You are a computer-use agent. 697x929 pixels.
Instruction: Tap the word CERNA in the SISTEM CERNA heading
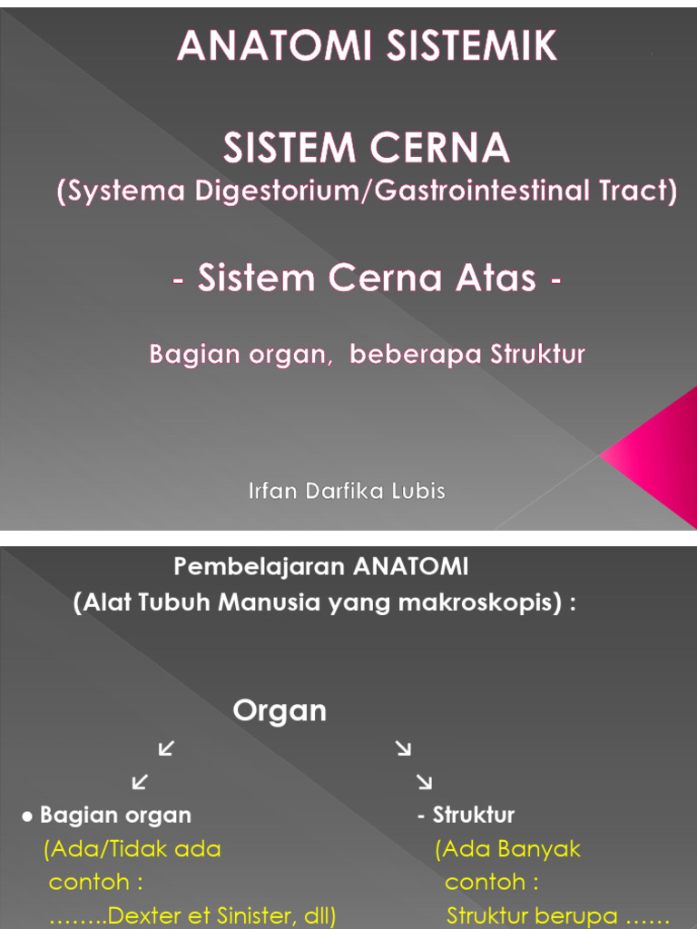pos(444,148)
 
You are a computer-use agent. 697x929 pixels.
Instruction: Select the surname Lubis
pos(418,491)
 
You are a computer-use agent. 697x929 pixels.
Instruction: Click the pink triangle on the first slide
pos(655,456)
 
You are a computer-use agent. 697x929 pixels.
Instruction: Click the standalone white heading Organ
pos(280,711)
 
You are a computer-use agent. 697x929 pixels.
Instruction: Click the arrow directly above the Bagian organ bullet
pos(140,781)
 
